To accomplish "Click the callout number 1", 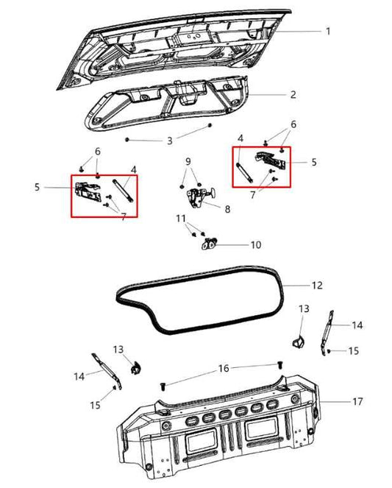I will click(328, 32).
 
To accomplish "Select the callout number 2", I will click(293, 95).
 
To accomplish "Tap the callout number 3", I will click(170, 140).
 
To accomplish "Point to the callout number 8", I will click(227, 210).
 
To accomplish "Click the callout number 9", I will click(188, 161).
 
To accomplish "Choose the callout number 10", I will click(256, 244).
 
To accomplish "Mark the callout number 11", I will click(181, 219).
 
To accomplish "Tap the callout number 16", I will click(224, 368).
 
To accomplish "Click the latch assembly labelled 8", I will click(198, 196).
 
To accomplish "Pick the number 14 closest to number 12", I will click(357, 325).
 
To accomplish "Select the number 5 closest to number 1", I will click(313, 162).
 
